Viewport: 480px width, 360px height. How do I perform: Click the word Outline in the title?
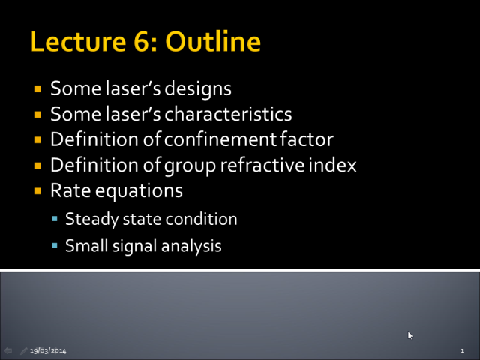point(213,41)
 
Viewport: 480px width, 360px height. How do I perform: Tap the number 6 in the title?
point(141,42)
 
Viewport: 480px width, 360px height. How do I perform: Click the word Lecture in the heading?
point(78,42)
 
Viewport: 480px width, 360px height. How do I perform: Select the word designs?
point(198,89)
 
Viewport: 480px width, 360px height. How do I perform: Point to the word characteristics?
point(228,114)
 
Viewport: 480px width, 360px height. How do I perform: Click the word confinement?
point(220,139)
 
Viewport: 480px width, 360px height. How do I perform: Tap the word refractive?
point(262,165)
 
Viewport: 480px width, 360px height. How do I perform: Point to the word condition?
point(201,219)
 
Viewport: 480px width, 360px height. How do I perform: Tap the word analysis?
point(191,246)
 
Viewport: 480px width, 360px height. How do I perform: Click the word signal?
point(135,246)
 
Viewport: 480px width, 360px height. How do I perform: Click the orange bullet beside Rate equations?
point(37,191)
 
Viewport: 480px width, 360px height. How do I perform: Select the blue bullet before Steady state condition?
point(55,218)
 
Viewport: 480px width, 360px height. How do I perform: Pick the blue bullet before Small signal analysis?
point(55,245)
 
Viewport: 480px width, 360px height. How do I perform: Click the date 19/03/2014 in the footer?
point(48,350)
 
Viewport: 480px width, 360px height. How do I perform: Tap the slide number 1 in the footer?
point(462,350)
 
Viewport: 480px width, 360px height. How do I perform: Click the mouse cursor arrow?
point(410,335)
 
